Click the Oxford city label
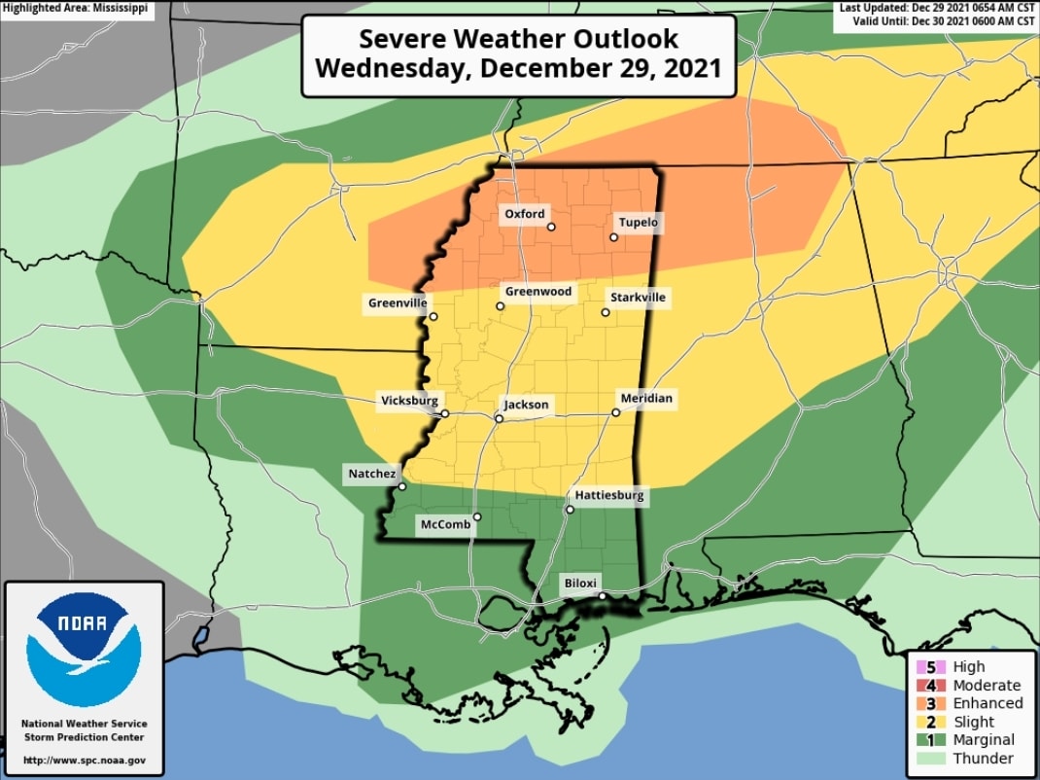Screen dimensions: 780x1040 click(525, 214)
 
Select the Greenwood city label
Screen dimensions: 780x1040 click(538, 292)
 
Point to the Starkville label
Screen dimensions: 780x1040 click(638, 298)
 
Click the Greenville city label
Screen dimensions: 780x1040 click(397, 303)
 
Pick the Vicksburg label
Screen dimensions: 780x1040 click(409, 401)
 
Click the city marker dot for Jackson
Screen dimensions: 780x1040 click(499, 419)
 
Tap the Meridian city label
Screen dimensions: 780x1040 click(646, 399)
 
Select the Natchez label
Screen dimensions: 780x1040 click(371, 475)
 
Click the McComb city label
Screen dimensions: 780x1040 click(445, 525)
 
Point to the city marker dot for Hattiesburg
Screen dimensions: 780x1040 click(570, 509)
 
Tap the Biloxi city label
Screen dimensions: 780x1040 click(582, 584)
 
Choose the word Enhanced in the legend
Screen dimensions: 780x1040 click(988, 703)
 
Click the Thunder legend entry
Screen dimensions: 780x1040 click(983, 759)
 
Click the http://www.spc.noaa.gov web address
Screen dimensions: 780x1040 click(84, 760)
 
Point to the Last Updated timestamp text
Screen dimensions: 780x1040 click(937, 8)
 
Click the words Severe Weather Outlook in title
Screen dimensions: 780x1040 click(518, 39)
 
